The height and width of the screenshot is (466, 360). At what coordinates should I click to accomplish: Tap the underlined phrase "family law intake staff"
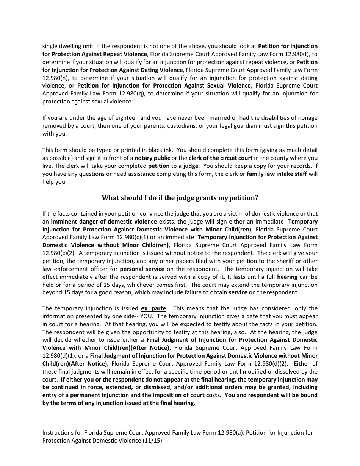[x=277, y=174]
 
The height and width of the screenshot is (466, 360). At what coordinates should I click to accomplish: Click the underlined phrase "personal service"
[x=142, y=269]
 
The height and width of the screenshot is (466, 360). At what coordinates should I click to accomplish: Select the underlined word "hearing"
[x=287, y=277]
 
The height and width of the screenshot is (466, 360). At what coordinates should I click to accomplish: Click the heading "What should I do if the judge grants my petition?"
[x=180, y=198]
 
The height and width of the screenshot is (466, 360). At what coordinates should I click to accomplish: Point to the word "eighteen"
[x=118, y=118]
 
